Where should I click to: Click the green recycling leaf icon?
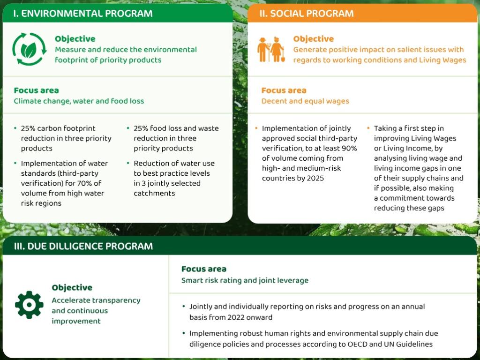[x=29, y=49]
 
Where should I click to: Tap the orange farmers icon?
[x=270, y=49]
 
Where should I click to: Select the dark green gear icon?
[x=29, y=305]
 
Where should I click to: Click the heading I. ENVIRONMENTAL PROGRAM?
[x=82, y=13]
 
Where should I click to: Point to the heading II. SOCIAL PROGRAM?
[x=307, y=13]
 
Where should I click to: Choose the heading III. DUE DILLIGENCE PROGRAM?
[x=83, y=246]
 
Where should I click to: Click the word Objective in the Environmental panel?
[x=75, y=39]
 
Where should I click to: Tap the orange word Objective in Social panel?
[x=314, y=39]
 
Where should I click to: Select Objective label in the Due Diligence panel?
[x=72, y=287]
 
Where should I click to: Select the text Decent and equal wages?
[x=305, y=101]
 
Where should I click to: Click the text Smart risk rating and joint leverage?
[x=245, y=280]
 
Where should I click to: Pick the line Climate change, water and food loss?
[x=79, y=101]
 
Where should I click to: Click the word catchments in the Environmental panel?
[x=154, y=193]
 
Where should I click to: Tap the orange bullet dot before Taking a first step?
[x=368, y=128]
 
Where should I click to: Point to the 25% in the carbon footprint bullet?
[x=29, y=128]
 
